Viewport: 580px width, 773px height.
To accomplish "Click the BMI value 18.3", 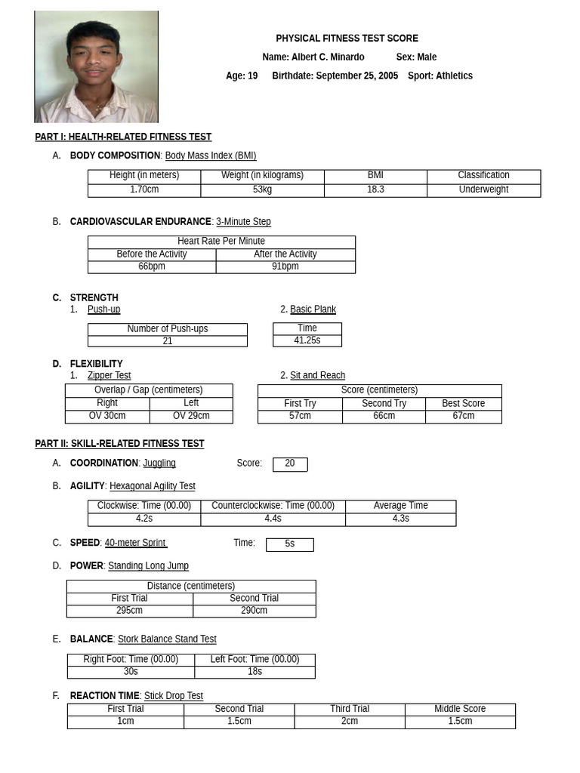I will tap(375, 189).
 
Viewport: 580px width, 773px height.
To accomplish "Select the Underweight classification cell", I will tap(483, 189).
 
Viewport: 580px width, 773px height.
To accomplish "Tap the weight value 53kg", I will tap(262, 189).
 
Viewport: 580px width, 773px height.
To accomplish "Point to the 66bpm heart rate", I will tap(152, 266).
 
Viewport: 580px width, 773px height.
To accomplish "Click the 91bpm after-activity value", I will tap(285, 266).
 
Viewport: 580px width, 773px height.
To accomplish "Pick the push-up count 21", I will tap(168, 341).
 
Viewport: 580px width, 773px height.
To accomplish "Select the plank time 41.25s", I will tap(307, 340).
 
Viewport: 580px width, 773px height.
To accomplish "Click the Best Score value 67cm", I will tap(464, 416).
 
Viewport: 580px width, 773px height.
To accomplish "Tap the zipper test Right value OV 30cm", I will tap(107, 416).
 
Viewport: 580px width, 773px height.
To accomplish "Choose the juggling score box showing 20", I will tap(290, 463).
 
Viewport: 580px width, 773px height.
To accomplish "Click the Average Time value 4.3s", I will tap(400, 519).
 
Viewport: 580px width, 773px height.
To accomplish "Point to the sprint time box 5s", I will tap(290, 544).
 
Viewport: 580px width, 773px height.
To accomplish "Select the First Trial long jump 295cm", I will tap(129, 610).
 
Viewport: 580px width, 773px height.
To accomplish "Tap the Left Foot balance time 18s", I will tap(255, 671).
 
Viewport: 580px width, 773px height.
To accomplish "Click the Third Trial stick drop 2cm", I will tap(350, 721).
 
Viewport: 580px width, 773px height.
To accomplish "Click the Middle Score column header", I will tap(460, 709).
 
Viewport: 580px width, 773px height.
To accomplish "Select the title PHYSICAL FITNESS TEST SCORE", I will tap(347, 38).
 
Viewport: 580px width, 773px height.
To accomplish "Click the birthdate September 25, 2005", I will tap(356, 75).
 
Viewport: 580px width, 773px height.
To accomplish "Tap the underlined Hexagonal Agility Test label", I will tap(153, 486).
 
